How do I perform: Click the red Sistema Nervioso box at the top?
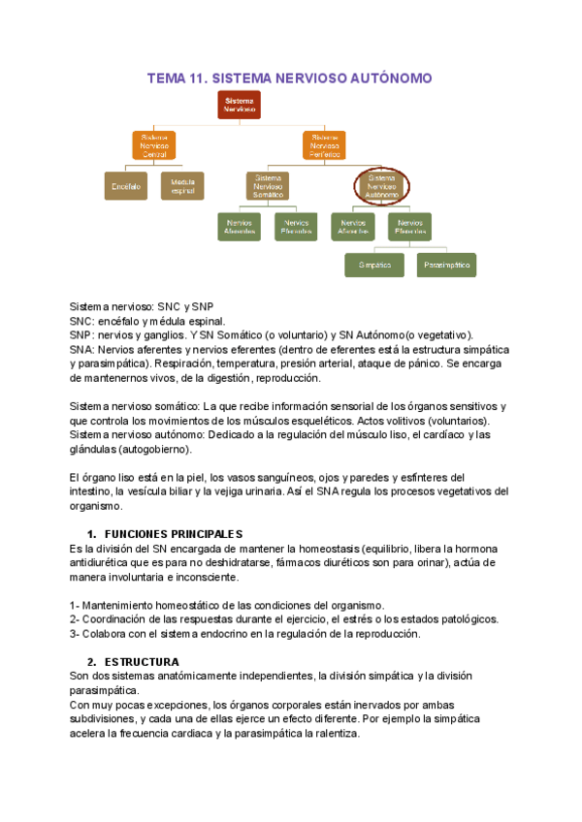pyautogui.click(x=239, y=105)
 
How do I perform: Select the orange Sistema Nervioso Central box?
pyautogui.click(x=154, y=145)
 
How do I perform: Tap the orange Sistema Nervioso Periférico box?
pyautogui.click(x=324, y=145)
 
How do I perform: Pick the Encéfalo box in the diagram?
pyautogui.click(x=126, y=186)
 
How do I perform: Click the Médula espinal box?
pyautogui.click(x=182, y=186)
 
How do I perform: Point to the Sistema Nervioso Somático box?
pyautogui.click(x=268, y=186)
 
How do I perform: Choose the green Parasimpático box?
pyautogui.click(x=447, y=264)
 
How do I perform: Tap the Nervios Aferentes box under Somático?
pyautogui.click(x=240, y=227)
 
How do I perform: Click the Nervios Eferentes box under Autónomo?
pyautogui.click(x=410, y=227)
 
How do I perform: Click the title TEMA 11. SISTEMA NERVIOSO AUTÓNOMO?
pyautogui.click(x=289, y=78)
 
